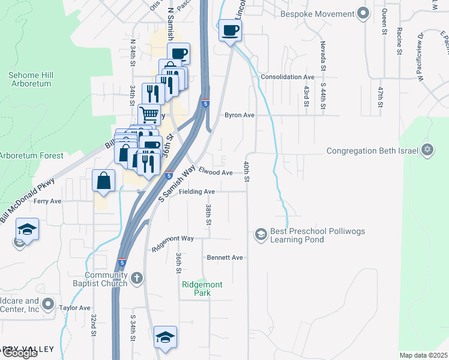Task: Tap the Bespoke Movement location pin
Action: (x=362, y=12)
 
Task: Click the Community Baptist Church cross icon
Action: (x=137, y=278)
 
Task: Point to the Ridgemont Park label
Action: (x=202, y=289)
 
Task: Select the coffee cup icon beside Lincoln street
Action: (x=230, y=31)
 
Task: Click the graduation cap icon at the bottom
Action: (x=165, y=337)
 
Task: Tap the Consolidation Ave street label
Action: (x=288, y=77)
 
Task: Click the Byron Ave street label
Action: (x=241, y=115)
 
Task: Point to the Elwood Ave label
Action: (x=215, y=172)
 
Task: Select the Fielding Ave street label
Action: (x=196, y=191)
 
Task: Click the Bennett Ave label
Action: (x=225, y=257)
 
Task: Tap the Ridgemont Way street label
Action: (x=173, y=241)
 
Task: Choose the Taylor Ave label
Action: (x=74, y=307)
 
